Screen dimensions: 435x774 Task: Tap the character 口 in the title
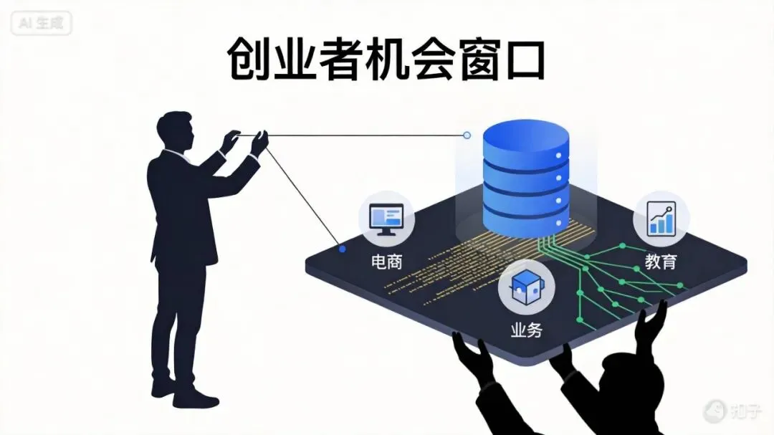tap(521, 59)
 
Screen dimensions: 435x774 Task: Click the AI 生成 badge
tap(42, 23)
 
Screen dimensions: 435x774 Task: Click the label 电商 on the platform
tap(386, 262)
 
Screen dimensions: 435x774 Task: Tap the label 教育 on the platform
tap(660, 262)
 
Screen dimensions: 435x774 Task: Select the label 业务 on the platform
tap(526, 330)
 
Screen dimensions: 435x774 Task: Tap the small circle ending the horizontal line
tap(467, 135)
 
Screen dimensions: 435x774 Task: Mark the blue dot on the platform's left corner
tap(343, 249)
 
